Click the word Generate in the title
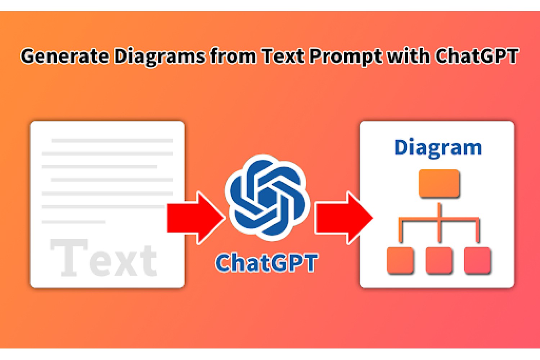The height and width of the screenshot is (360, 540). click(x=64, y=56)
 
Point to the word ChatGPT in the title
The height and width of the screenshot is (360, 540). click(x=476, y=56)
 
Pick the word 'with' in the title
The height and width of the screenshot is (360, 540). click(x=408, y=56)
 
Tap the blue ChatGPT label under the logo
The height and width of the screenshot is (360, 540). click(x=266, y=263)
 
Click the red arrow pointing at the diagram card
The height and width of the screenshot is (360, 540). click(x=344, y=218)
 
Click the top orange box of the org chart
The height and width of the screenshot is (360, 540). click(x=439, y=183)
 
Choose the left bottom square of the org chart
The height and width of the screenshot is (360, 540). click(x=400, y=260)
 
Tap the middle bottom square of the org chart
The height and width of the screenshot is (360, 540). click(x=439, y=260)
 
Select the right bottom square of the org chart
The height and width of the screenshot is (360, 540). click(x=478, y=260)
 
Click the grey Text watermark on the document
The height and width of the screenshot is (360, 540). click(x=104, y=257)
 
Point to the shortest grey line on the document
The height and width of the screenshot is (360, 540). click(x=73, y=222)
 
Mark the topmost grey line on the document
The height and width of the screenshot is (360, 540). click(x=112, y=140)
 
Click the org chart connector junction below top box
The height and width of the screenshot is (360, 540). click(x=439, y=219)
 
